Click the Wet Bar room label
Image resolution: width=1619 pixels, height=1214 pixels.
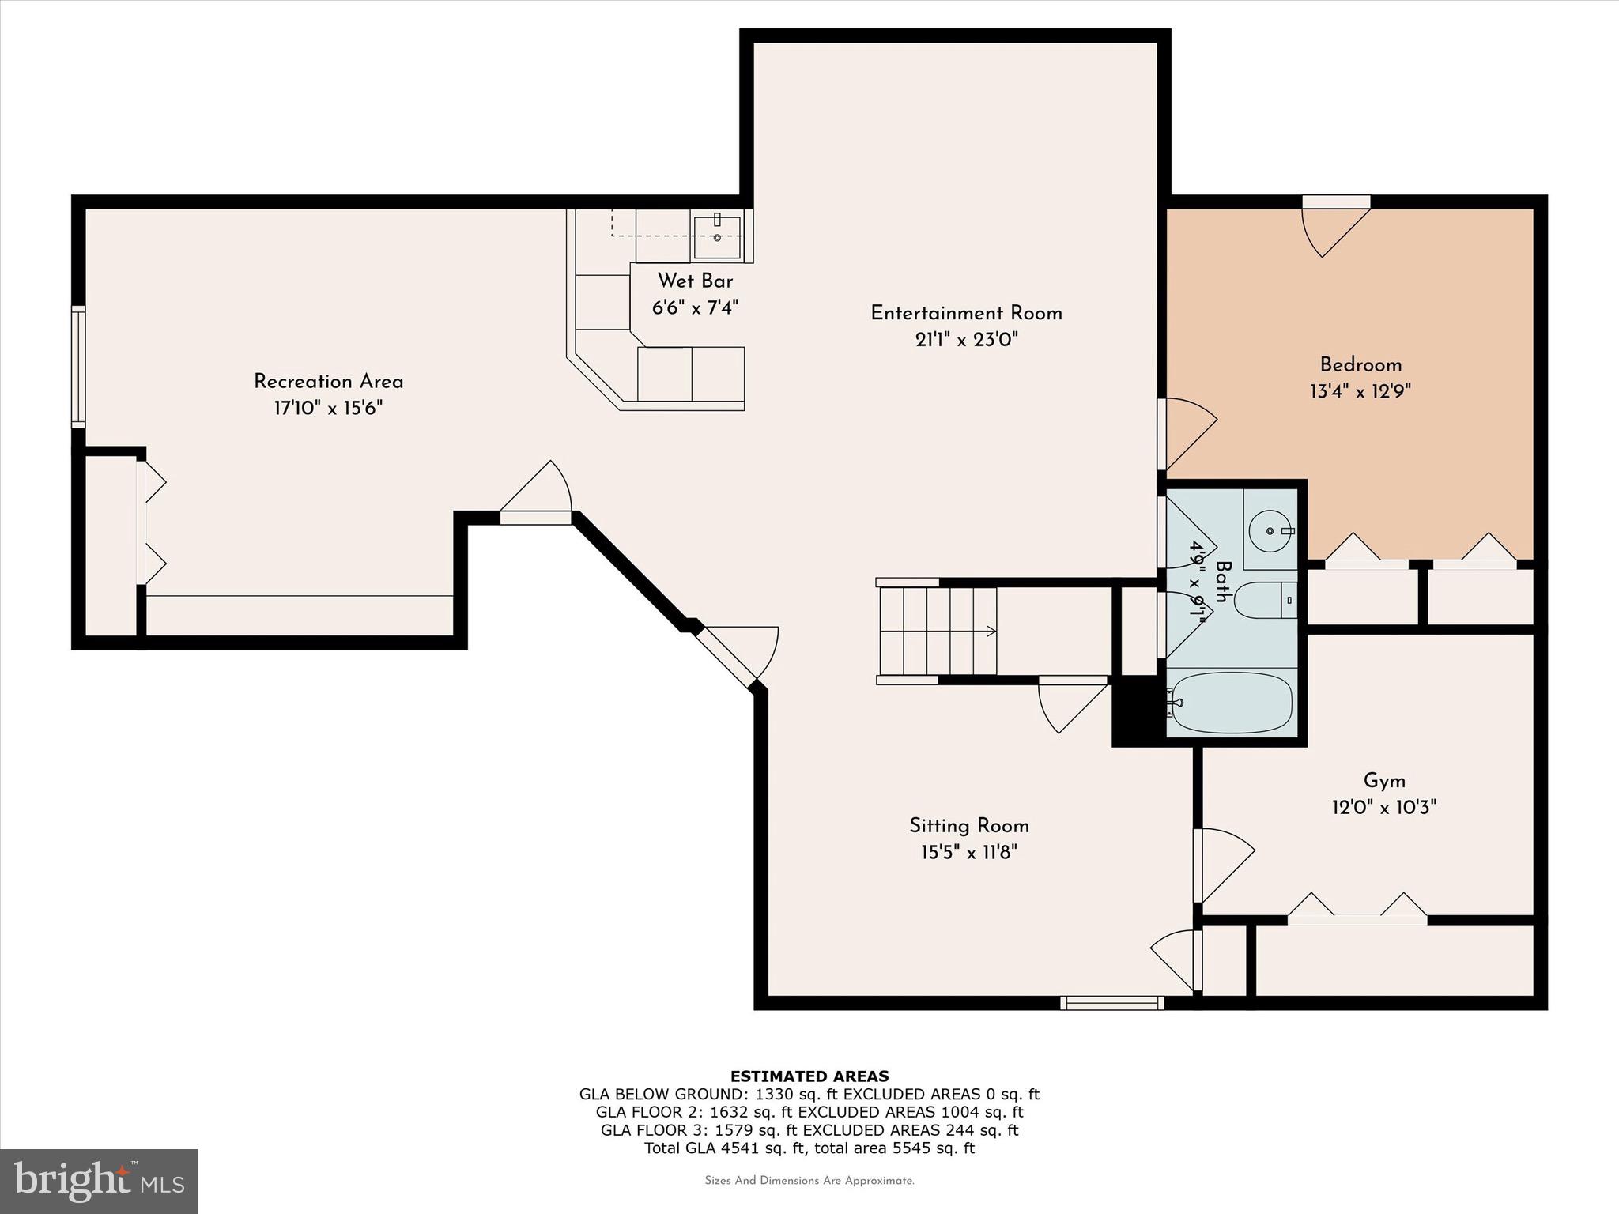pyautogui.click(x=695, y=281)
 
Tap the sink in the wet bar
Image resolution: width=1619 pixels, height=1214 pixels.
pyautogui.click(x=717, y=236)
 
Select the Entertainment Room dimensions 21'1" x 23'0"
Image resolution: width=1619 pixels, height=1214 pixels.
pyautogui.click(x=966, y=340)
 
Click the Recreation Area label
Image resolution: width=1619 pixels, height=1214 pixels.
pyautogui.click(x=328, y=382)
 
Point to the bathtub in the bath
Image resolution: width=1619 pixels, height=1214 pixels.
pyautogui.click(x=1232, y=703)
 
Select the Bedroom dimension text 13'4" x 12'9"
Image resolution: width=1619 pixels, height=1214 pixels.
pyautogui.click(x=1360, y=391)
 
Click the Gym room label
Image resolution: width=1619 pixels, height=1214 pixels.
pyautogui.click(x=1384, y=781)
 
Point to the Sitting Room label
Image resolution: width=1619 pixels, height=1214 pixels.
pyautogui.click(x=968, y=826)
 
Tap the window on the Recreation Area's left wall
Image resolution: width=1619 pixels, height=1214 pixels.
pyautogui.click(x=78, y=368)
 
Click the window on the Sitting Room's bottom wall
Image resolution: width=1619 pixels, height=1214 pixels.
pyautogui.click(x=1111, y=1003)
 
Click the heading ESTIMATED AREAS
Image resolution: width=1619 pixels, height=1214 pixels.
pyautogui.click(x=809, y=1076)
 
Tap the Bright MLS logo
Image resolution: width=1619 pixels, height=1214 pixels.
pyautogui.click(x=99, y=1181)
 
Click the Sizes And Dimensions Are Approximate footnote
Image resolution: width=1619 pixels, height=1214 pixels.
pyautogui.click(x=809, y=1181)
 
